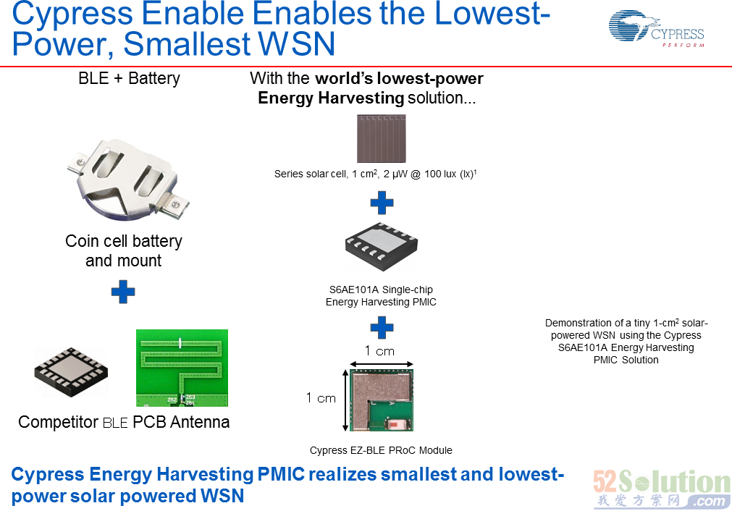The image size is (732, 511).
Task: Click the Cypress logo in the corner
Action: [657, 30]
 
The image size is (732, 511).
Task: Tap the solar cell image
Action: [382, 138]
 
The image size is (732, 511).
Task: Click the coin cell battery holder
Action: [127, 179]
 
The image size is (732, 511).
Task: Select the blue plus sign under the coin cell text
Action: [123, 292]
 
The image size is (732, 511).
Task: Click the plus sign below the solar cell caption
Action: [382, 203]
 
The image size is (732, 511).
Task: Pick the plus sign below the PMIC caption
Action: [382, 328]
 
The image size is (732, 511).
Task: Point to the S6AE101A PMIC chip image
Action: [382, 246]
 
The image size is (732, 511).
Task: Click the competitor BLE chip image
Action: [71, 372]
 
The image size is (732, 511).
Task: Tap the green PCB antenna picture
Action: [182, 368]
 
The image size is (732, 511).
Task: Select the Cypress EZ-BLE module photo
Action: [382, 400]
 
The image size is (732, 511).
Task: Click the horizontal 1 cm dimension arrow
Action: [382, 364]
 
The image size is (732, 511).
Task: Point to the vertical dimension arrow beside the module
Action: [345, 400]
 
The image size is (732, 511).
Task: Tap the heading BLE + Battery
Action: [130, 78]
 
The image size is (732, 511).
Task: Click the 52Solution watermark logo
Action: [662, 489]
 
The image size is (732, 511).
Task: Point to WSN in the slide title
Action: [296, 44]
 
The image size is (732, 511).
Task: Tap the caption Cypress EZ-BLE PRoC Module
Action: [381, 450]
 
